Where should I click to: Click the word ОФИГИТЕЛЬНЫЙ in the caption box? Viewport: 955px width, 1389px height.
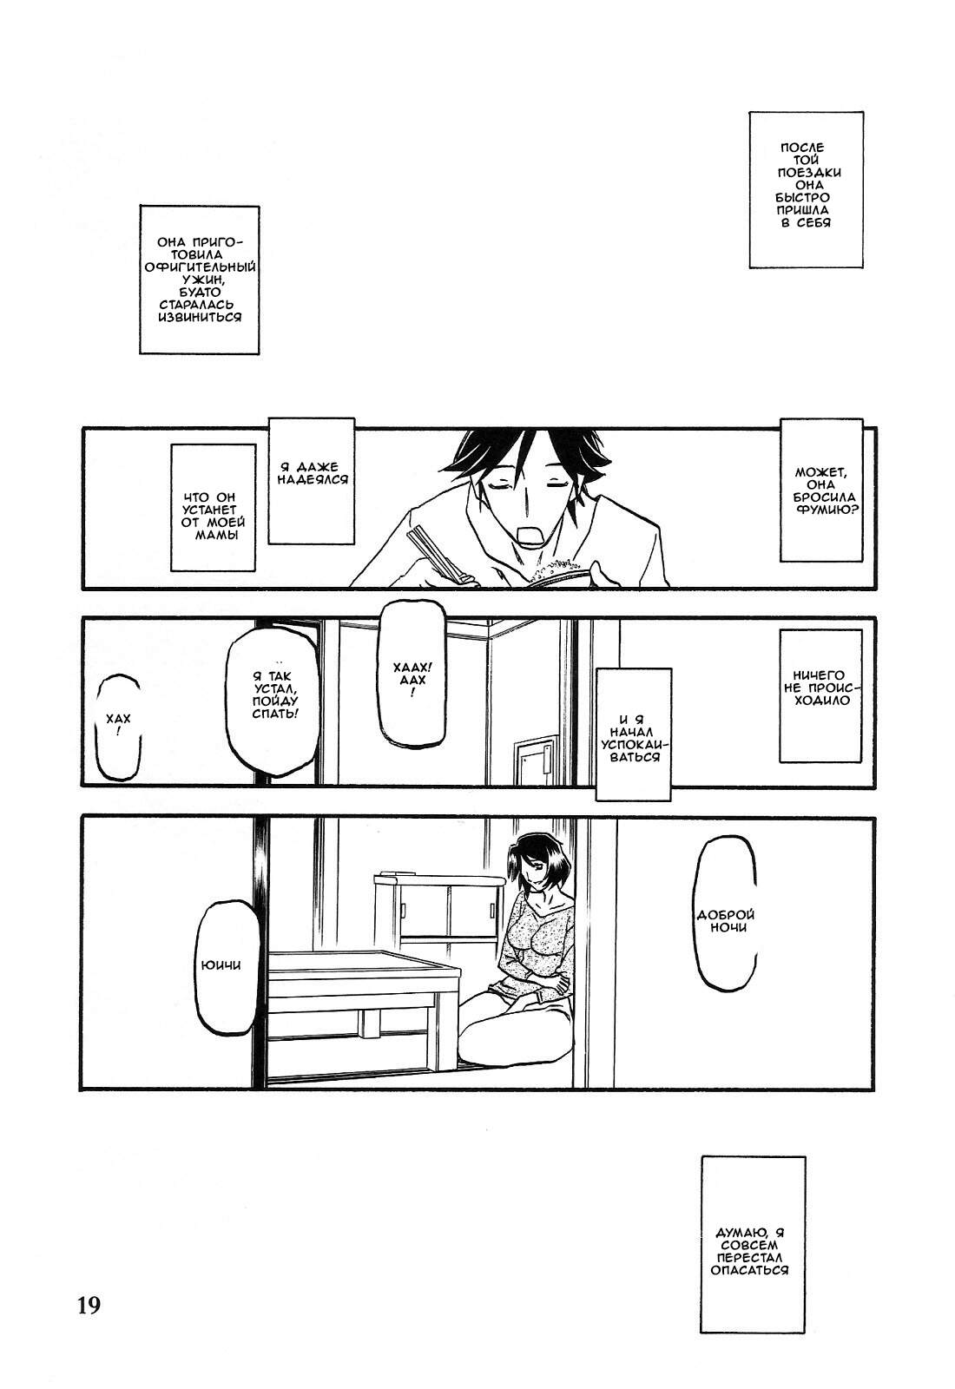(200, 267)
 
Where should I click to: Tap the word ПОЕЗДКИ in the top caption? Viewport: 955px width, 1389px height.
(809, 173)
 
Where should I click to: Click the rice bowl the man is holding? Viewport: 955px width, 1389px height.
(559, 574)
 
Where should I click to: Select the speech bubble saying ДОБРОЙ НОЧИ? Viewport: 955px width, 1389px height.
(727, 921)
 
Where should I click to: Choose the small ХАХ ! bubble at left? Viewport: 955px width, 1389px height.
(119, 727)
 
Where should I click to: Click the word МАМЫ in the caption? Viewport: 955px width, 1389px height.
(216, 535)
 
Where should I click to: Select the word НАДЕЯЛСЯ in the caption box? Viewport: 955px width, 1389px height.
(313, 479)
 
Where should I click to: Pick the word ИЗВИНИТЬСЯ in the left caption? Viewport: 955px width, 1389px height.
(200, 318)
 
